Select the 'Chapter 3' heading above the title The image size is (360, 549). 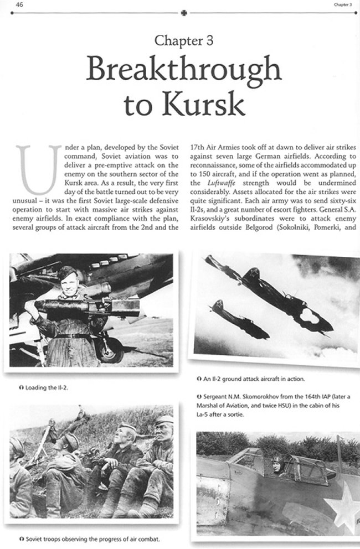pyautogui.click(x=180, y=40)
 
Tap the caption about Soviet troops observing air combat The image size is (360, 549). pyautogui.click(x=90, y=537)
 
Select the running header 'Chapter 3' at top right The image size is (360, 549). pyautogui.click(x=343, y=5)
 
